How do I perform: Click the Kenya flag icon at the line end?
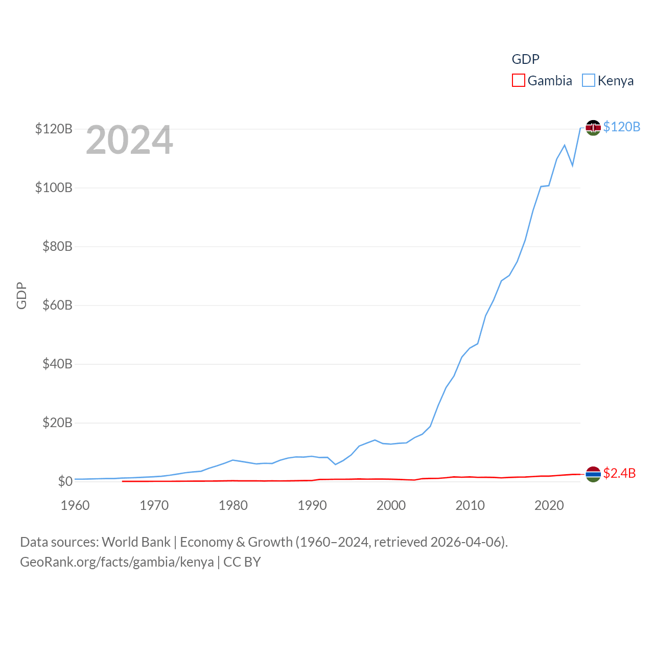tap(593, 127)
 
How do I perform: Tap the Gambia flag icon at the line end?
tap(593, 474)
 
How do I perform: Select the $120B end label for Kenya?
tap(621, 127)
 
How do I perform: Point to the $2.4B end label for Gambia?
tap(619, 473)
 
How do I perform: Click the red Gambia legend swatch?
tap(518, 81)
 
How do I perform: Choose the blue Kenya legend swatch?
tap(589, 81)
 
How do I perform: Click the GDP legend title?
tap(525, 59)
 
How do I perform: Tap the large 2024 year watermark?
tap(129, 140)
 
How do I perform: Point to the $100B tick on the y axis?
tap(54, 188)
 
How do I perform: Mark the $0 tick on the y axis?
tap(65, 481)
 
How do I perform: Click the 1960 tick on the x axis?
tap(75, 505)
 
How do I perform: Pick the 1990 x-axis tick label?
tap(312, 505)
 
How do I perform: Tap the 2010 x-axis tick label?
tap(470, 505)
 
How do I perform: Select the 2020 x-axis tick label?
tap(549, 505)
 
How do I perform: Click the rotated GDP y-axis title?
tap(21, 295)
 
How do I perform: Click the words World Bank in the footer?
tap(136, 542)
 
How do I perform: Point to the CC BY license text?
tap(242, 562)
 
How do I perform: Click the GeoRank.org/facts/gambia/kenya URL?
tap(117, 562)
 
